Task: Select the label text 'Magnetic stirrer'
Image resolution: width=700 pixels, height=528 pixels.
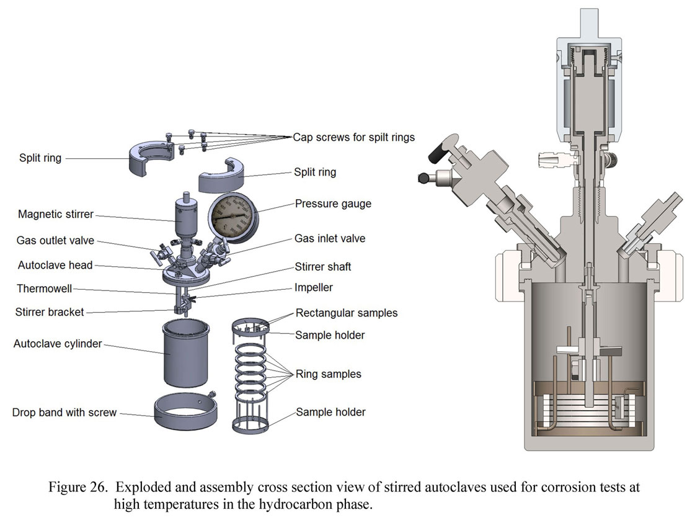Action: click(x=56, y=214)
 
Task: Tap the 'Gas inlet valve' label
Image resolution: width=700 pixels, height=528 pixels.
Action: click(x=329, y=238)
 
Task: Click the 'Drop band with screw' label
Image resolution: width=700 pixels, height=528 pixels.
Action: click(x=64, y=412)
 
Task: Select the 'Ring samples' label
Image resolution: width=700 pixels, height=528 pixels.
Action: click(x=328, y=374)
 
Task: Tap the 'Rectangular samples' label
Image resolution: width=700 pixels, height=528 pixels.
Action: click(x=347, y=313)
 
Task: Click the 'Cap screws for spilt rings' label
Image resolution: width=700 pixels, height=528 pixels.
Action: click(x=353, y=136)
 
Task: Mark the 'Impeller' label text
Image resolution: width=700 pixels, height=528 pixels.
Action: click(x=314, y=288)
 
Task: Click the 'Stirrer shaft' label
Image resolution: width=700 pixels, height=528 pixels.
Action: click(x=323, y=267)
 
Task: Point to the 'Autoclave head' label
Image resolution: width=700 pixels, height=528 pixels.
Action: click(x=55, y=265)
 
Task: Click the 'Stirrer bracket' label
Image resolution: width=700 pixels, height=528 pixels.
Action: click(x=50, y=311)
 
